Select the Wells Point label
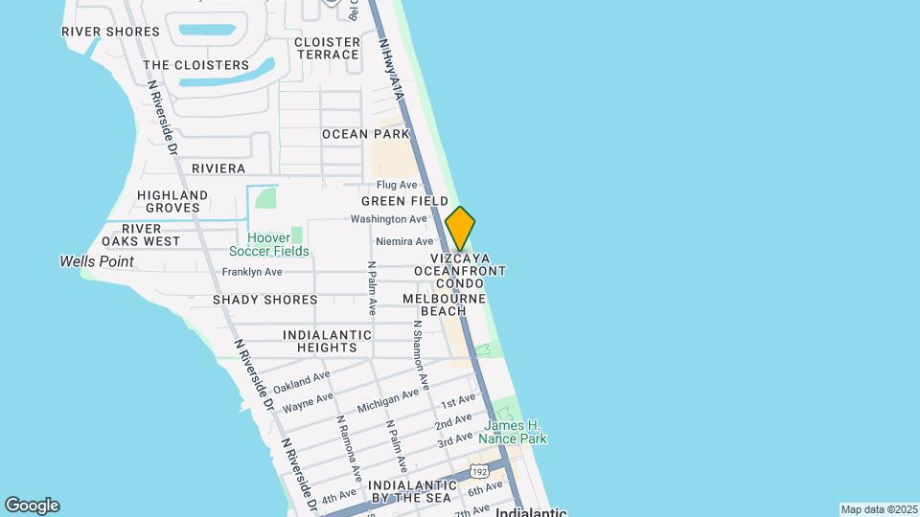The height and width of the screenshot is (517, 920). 97,261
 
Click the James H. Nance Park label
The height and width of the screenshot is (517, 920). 515,432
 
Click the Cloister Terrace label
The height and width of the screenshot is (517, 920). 328,48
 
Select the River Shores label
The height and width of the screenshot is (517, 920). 110,32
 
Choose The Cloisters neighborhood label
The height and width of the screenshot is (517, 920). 195,65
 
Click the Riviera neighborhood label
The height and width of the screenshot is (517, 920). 218,169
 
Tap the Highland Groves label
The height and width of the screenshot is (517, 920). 172,201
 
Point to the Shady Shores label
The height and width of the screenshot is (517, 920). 264,300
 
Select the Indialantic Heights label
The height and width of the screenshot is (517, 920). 327,341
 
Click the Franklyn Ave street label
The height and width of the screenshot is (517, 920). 252,272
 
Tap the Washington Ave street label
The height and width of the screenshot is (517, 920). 388,219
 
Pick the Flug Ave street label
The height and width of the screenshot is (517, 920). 397,185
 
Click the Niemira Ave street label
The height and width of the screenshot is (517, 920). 404,241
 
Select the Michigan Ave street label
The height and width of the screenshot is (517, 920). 389,401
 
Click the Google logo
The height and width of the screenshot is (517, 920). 32,506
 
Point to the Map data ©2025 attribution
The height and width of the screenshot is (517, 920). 878,509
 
